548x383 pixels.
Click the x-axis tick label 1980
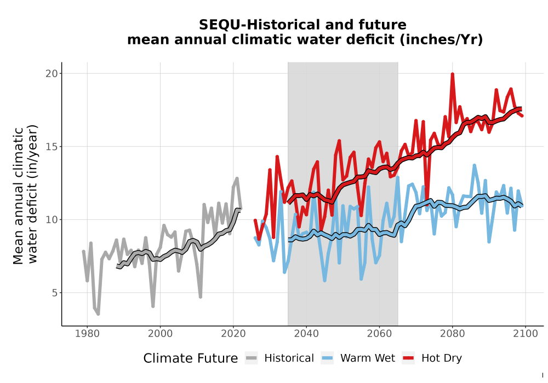tap(87, 334)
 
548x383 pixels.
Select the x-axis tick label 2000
tap(160, 334)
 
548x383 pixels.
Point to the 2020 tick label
tap(233, 334)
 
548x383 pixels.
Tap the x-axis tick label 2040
tap(306, 334)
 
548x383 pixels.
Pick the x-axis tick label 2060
tap(379, 334)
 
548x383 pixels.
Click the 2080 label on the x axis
tap(452, 334)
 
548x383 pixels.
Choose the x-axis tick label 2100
tap(526, 334)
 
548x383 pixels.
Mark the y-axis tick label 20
tap(52, 74)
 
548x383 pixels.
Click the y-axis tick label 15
tap(52, 147)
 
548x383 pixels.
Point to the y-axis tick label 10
tap(52, 220)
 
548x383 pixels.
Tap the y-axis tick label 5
tap(54, 293)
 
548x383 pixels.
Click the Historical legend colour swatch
tap(252, 358)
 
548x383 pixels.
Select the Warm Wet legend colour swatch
tap(327, 358)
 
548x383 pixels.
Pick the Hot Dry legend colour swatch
tap(408, 358)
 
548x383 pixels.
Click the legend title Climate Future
tap(191, 358)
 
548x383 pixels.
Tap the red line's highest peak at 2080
tap(452, 74)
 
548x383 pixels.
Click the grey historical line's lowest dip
tap(98, 314)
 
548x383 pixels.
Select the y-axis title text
tap(25, 194)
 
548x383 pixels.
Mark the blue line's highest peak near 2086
tap(474, 165)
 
